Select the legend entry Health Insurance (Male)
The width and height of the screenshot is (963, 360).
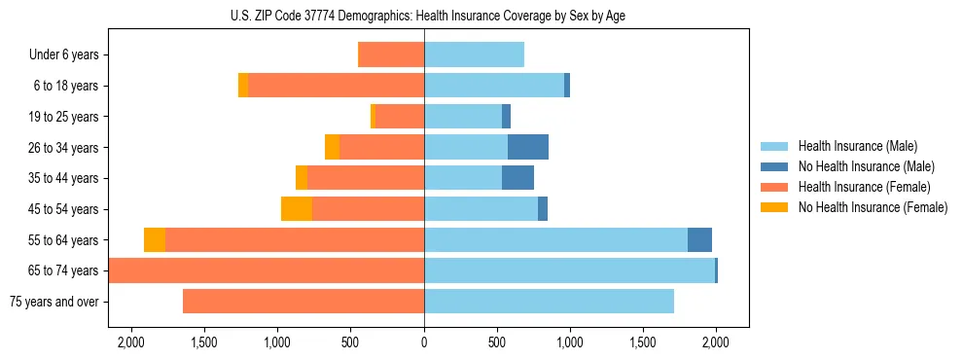click(x=857, y=146)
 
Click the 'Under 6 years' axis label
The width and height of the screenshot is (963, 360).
click(x=64, y=55)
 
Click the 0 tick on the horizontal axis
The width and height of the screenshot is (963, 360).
click(x=424, y=342)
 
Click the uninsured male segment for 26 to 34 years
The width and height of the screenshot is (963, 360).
click(x=528, y=147)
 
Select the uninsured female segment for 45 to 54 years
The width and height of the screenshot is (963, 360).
click(x=297, y=209)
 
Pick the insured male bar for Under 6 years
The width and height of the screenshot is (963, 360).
click(x=474, y=54)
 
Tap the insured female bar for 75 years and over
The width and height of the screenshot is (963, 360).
click(x=303, y=302)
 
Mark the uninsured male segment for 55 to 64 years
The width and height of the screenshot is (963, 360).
click(x=699, y=240)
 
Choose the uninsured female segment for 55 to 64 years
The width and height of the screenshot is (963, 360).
click(x=155, y=240)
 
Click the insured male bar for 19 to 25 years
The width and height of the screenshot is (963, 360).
click(x=463, y=117)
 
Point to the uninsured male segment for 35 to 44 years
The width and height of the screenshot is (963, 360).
click(x=517, y=178)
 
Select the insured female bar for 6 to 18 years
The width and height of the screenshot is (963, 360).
click(x=336, y=86)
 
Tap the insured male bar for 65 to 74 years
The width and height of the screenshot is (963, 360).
click(x=569, y=270)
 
